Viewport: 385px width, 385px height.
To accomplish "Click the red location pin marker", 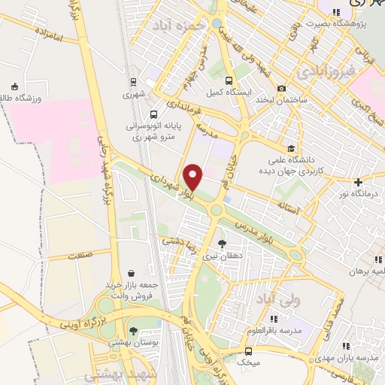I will click(193, 177).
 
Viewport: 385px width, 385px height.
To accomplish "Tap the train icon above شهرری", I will click(133, 82).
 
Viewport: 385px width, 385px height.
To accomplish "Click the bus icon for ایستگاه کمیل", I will click(228, 80).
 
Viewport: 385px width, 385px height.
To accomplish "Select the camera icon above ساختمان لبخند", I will click(282, 88).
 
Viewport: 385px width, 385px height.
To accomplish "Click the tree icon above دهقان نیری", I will click(221, 243).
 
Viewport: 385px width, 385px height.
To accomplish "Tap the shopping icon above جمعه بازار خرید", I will click(132, 272).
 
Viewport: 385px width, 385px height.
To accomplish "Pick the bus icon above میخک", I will click(250, 351).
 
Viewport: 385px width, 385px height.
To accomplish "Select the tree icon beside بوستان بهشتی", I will click(133, 331).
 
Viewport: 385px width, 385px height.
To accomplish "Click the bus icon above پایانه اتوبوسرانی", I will click(153, 115).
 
